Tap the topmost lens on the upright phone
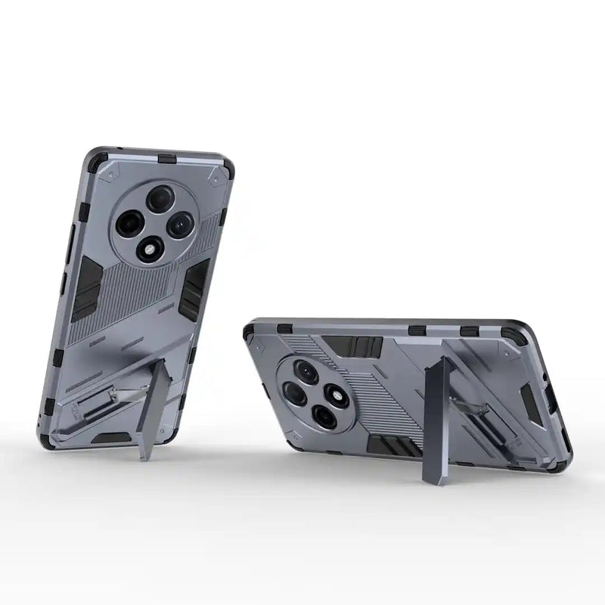point(160,199)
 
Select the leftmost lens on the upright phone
point(128,222)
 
